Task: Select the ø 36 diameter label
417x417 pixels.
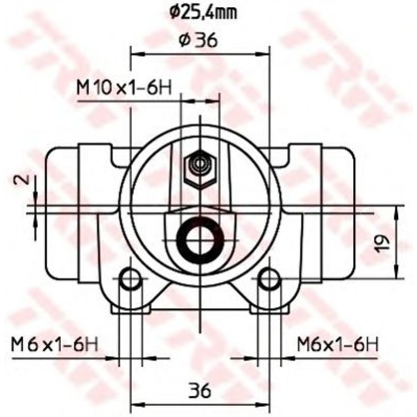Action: [x=198, y=40]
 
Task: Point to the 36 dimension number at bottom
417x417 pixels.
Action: [x=199, y=391]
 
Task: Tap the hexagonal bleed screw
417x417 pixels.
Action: [x=200, y=169]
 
